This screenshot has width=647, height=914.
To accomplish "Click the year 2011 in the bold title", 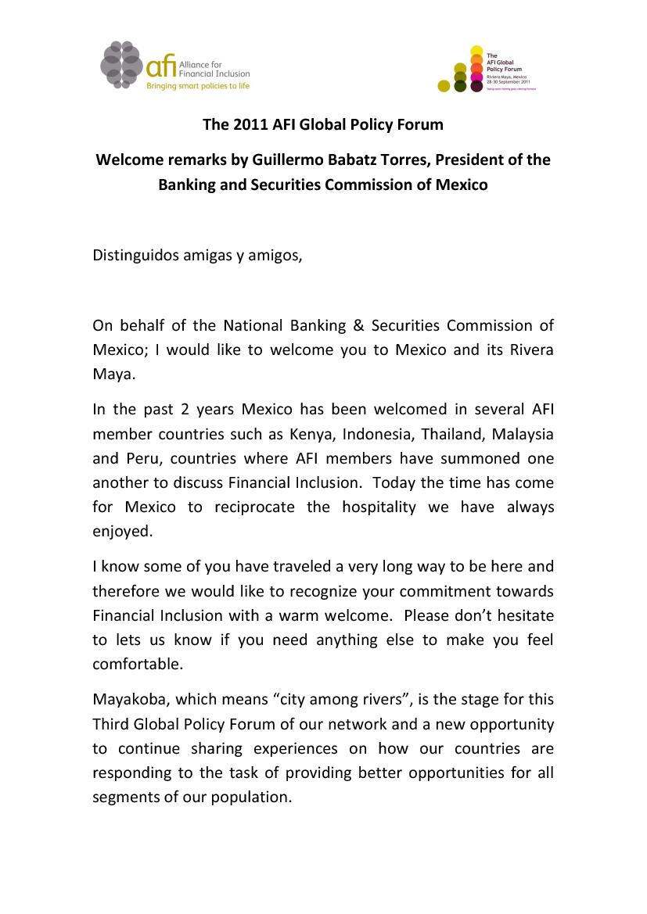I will tap(246, 124).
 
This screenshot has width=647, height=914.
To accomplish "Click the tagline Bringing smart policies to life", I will tap(199, 86).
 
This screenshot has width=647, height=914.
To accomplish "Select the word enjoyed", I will tap(121, 532).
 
